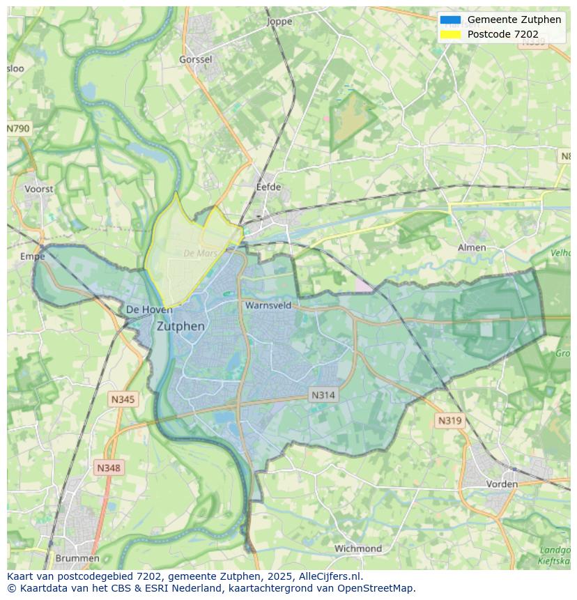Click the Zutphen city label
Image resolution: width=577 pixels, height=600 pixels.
coord(180,326)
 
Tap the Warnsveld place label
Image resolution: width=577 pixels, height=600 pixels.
coord(268,305)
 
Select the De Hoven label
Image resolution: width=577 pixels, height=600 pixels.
coord(149,309)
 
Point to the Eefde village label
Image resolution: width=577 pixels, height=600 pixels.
coord(268,187)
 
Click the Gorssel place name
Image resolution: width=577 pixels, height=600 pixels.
coord(196,60)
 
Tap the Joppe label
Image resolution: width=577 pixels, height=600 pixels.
coord(279,22)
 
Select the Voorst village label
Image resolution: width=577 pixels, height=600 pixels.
coord(38,189)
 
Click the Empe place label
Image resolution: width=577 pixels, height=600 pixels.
coord(32,256)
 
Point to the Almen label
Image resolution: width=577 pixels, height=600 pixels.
coord(472,247)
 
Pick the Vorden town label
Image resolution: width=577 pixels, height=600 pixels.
coord(502,484)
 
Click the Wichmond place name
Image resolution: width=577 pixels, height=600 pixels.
coord(358,548)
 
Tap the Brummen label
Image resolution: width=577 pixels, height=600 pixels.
coord(77,558)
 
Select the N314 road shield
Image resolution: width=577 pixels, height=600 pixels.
coord(323,395)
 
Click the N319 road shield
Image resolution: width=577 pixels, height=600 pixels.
coord(449,420)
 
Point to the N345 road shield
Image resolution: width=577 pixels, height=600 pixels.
coord(123,399)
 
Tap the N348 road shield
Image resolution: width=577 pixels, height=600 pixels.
coord(108,468)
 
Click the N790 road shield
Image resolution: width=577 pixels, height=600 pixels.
coord(18,129)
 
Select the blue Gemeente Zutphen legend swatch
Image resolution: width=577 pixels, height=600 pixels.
coord(450,20)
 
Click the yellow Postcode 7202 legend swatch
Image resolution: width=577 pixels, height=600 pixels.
coord(450,34)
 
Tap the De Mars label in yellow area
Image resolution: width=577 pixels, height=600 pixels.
coord(201,254)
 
